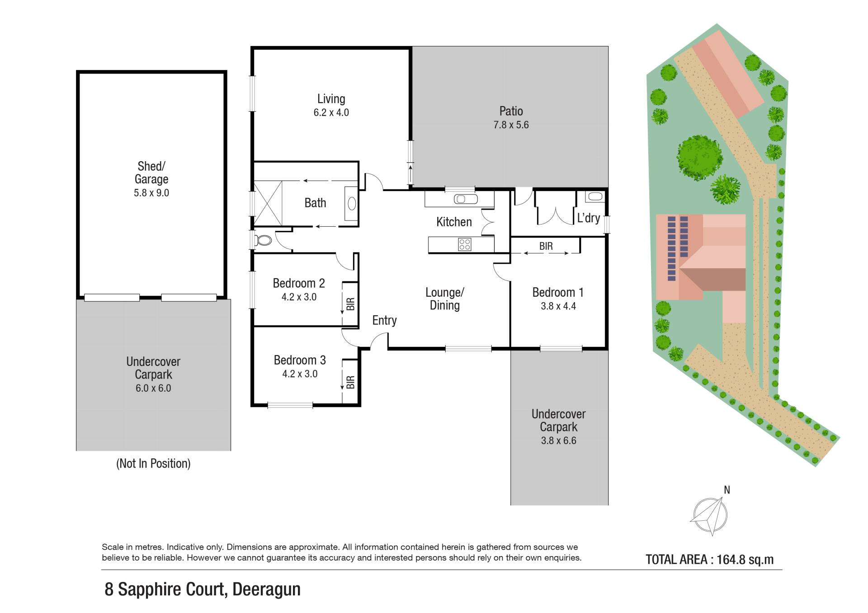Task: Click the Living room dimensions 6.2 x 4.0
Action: (x=331, y=112)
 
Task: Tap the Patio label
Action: (x=511, y=111)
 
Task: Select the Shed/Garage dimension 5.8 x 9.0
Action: (x=151, y=193)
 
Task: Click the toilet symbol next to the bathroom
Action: (x=262, y=240)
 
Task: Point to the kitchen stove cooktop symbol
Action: (x=465, y=244)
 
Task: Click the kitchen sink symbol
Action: (x=466, y=199)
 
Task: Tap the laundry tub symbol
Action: (x=595, y=197)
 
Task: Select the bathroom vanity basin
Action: (x=351, y=204)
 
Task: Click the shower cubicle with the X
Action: (x=268, y=203)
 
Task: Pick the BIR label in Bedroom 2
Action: (x=350, y=304)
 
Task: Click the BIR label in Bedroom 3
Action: (x=350, y=382)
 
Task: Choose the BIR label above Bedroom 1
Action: (x=546, y=246)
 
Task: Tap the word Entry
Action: (x=384, y=320)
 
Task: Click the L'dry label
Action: (x=589, y=218)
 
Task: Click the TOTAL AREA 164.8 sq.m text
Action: (x=709, y=560)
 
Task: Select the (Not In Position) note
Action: (x=153, y=463)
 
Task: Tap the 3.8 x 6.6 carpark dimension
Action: (x=559, y=440)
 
